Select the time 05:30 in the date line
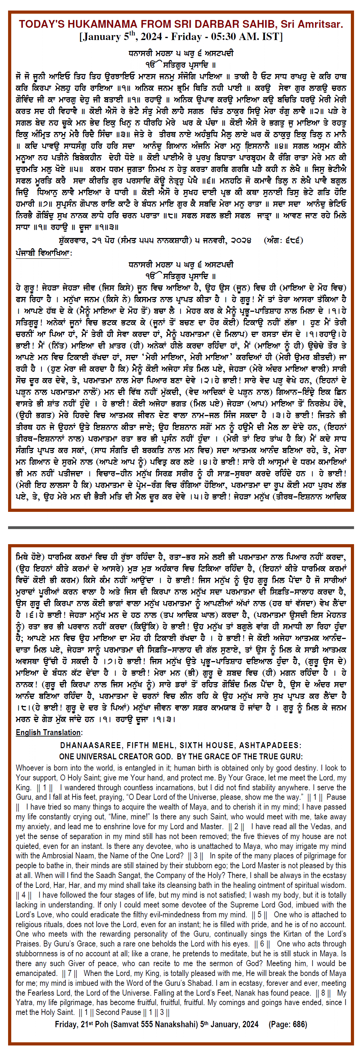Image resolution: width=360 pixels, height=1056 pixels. [x=226, y=37]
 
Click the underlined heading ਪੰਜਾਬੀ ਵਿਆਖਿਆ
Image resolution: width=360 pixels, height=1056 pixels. [x=43, y=253]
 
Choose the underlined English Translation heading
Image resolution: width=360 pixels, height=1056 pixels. [x=49, y=733]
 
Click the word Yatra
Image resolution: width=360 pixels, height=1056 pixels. [x=24, y=1003]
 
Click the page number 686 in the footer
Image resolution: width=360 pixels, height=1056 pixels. [x=299, y=1024]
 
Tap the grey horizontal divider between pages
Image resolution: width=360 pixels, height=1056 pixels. [x=181, y=527]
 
